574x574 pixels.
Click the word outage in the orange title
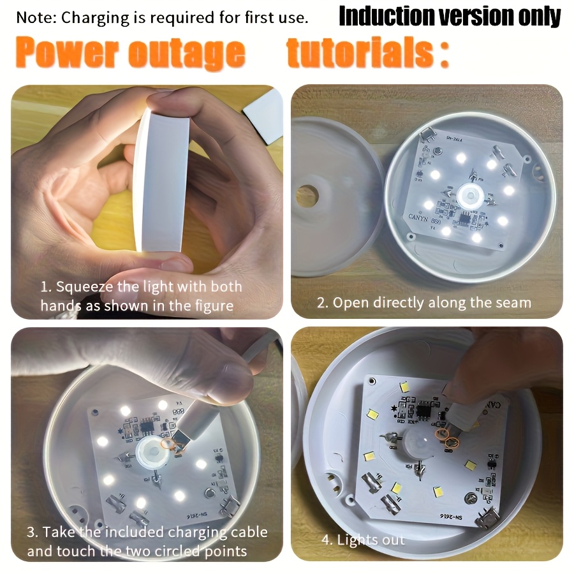[x=187, y=54]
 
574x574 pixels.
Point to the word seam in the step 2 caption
[x=513, y=302]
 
